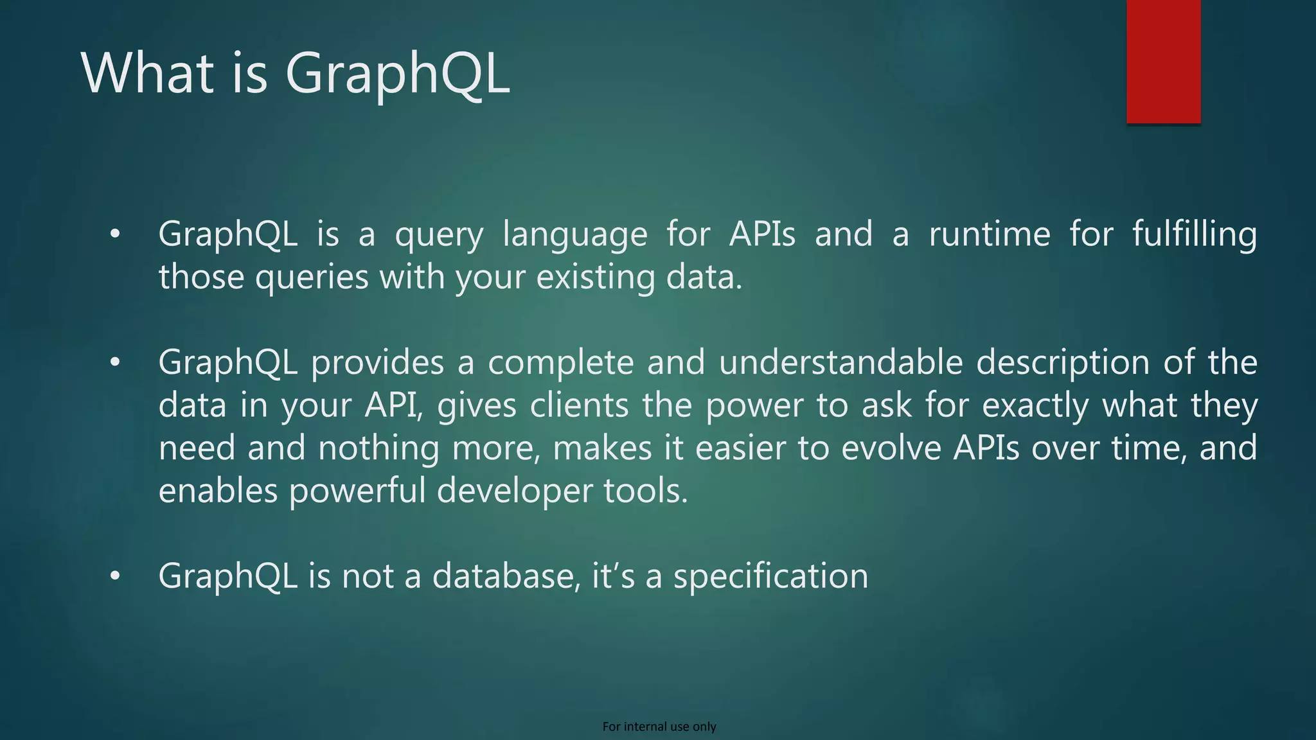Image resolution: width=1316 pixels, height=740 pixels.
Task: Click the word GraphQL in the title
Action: pyautogui.click(x=397, y=75)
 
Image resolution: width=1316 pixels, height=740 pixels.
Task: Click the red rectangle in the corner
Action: pyautogui.click(x=1163, y=61)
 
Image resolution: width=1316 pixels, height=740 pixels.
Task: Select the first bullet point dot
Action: pyautogui.click(x=114, y=234)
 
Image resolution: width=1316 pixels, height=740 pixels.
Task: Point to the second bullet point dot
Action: pyautogui.click(x=114, y=363)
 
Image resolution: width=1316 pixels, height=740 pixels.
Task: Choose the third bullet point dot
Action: pyautogui.click(x=114, y=576)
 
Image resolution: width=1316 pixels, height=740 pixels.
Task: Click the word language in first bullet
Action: pyautogui.click(x=575, y=235)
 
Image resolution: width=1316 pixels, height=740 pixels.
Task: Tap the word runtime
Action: pyautogui.click(x=990, y=234)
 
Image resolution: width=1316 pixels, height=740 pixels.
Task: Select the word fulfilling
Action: pyautogui.click(x=1194, y=234)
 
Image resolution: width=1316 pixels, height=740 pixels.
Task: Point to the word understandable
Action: pyautogui.click(x=840, y=362)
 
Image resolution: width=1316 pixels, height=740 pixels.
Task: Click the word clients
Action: pyautogui.click(x=579, y=405)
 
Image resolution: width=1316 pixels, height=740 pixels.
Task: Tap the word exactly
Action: pyautogui.click(x=1035, y=406)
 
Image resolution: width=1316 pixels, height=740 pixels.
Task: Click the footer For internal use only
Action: pyautogui.click(x=659, y=727)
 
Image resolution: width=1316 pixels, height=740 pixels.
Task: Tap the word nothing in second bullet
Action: pyautogui.click(x=378, y=448)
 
